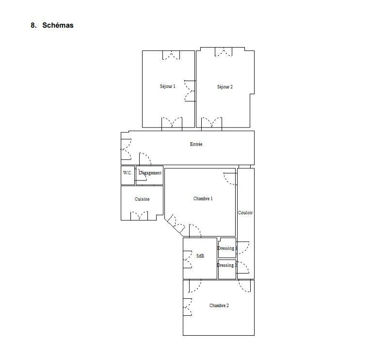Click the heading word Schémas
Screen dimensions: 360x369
58,25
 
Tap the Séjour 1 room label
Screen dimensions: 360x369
167,86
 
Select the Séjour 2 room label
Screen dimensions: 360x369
225,87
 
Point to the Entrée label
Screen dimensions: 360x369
196,144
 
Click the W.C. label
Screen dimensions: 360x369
127,173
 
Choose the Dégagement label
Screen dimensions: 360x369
150,173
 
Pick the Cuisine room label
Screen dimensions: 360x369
142,199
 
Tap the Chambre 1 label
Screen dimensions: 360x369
203,198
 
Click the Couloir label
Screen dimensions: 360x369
245,213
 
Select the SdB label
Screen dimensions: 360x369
200,256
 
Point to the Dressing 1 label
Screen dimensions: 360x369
226,248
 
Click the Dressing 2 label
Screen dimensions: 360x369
226,265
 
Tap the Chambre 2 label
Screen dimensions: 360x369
219,306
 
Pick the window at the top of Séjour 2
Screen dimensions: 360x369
224,52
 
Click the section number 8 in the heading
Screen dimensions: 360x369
33,25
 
